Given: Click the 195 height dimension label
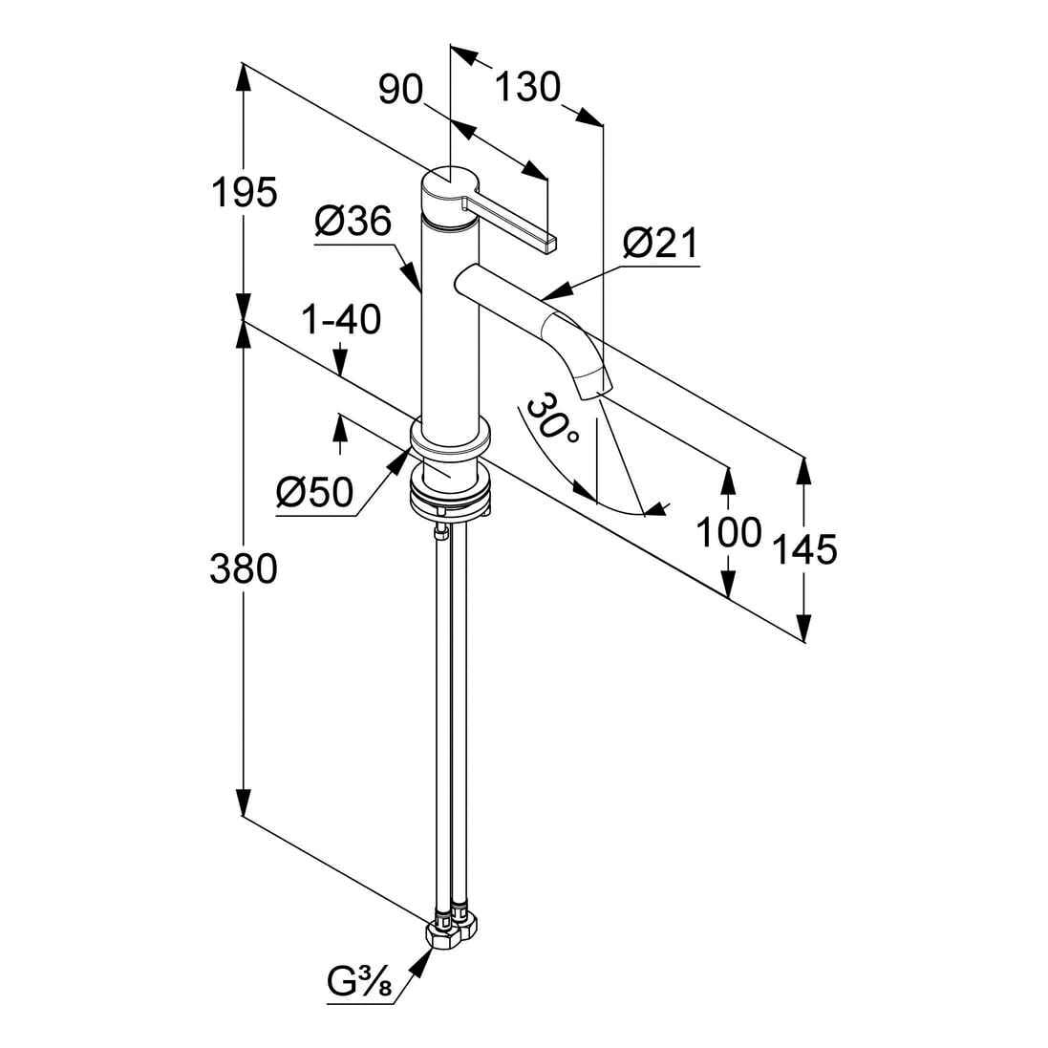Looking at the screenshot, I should click(x=246, y=192).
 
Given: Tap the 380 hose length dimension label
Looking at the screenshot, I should click(x=246, y=569).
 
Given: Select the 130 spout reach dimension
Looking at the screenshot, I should click(x=526, y=88).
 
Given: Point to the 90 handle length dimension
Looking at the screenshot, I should click(x=400, y=90).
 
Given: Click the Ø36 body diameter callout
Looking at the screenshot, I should click(x=353, y=224).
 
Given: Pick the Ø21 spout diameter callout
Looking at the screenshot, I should click(x=660, y=246).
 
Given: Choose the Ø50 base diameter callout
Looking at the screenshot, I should click(x=314, y=494).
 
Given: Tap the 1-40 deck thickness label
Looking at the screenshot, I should click(x=341, y=320).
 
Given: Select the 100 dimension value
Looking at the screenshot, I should click(x=728, y=532).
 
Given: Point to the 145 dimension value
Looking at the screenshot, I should click(x=804, y=549).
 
